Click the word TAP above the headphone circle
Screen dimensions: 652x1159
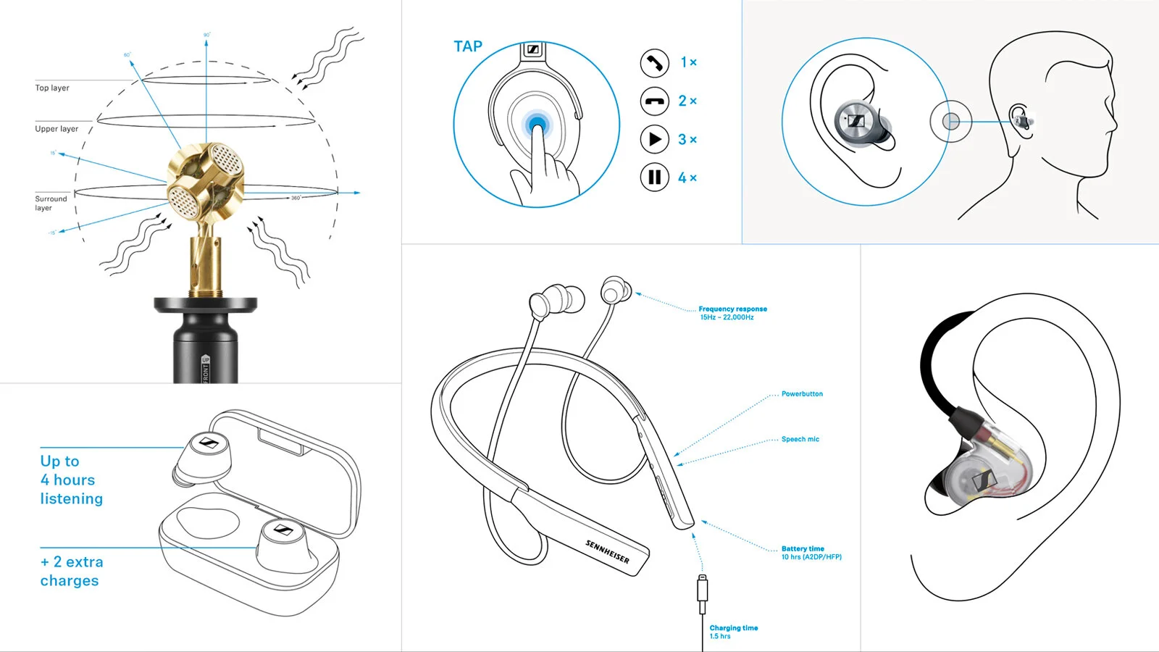tap(468, 46)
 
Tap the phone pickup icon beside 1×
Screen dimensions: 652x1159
tap(654, 63)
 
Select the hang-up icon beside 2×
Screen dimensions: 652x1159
tap(654, 101)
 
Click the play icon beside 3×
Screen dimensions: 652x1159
tap(654, 139)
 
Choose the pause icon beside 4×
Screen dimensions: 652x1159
tap(654, 177)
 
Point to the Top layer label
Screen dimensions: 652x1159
tap(52, 88)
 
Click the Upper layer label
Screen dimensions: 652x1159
tap(57, 129)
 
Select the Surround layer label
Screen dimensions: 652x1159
tap(51, 203)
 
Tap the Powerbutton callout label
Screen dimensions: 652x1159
tap(802, 394)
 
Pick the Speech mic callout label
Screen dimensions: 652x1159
tap(800, 439)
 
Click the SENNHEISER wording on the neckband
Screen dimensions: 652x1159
tap(607, 552)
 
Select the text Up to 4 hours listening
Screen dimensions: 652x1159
tap(71, 480)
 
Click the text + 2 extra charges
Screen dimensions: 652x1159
tap(71, 571)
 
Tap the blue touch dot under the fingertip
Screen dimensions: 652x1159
tap(537, 125)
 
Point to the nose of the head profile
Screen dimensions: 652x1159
tap(1114, 125)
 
